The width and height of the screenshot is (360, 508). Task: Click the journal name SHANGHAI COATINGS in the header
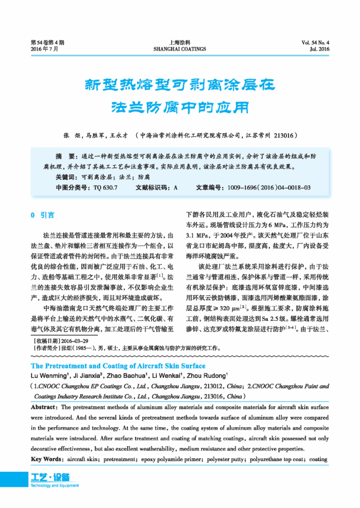pyautogui.click(x=179, y=49)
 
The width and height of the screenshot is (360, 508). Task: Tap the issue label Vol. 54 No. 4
pyautogui.click(x=316, y=43)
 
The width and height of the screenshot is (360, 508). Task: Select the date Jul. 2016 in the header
pyautogui.click(x=319, y=49)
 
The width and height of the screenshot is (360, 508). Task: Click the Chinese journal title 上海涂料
pyautogui.click(x=179, y=43)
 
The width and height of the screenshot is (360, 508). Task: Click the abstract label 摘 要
pyautogui.click(x=65, y=155)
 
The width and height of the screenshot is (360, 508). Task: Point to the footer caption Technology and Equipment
pyautogui.click(x=55, y=485)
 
